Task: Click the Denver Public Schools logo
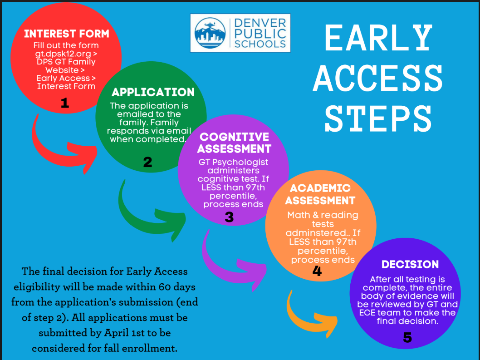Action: [x=240, y=33]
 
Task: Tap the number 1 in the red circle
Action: [x=65, y=104]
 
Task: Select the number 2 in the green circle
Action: [x=147, y=162]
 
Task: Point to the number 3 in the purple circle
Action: [x=229, y=217]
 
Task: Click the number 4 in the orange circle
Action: [x=317, y=271]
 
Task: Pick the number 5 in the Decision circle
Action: [x=407, y=338]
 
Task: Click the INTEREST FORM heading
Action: [x=66, y=34]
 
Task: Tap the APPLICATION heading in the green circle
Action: [x=153, y=93]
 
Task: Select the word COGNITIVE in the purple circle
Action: [x=234, y=137]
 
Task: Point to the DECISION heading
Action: [x=410, y=265]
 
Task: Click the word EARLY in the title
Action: [x=378, y=38]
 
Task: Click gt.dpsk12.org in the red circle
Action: [x=66, y=54]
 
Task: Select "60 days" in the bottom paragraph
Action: [x=172, y=287]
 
